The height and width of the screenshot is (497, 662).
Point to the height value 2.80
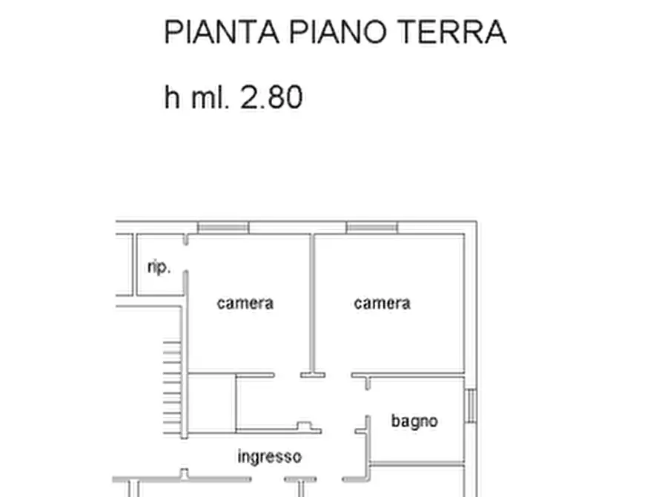coord(271,97)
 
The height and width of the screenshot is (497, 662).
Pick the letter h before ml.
coord(172,97)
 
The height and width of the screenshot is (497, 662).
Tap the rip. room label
coord(159,267)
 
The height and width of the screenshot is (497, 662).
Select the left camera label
coord(245,303)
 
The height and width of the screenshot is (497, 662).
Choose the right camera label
coord(382,303)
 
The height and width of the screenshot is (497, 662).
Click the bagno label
coord(414,421)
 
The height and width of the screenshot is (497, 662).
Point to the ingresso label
coord(269,456)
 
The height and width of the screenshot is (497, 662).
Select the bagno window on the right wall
coord(471,407)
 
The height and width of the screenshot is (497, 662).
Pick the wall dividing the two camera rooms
coord(313,304)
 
